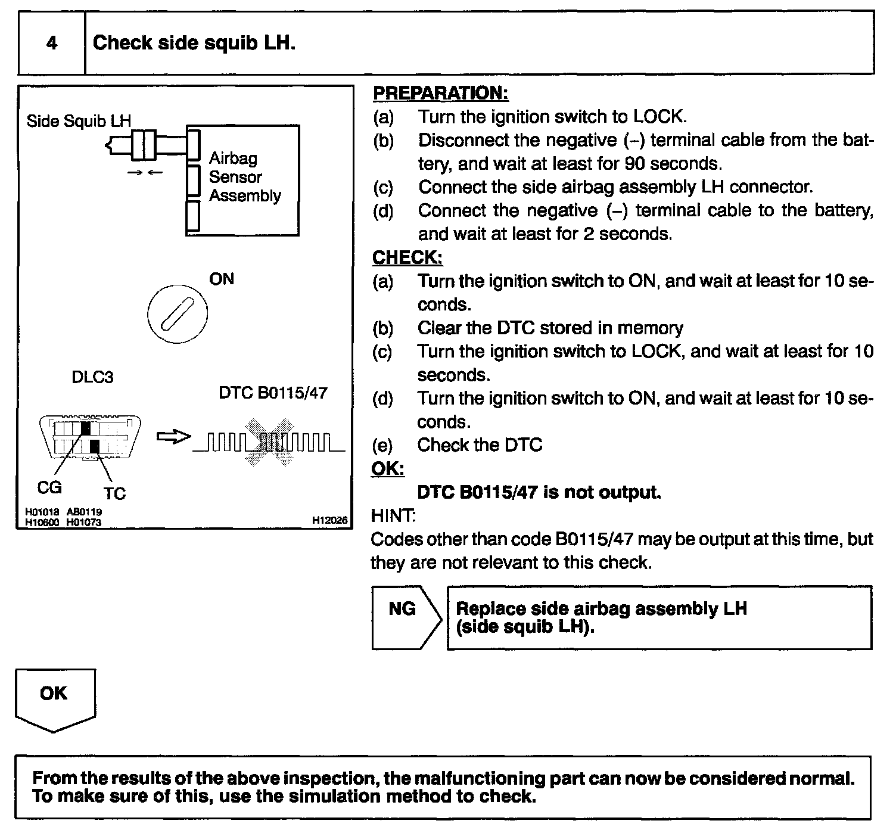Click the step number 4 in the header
(x=52, y=43)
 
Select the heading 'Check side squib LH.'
(x=194, y=43)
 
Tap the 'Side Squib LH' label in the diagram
(x=79, y=121)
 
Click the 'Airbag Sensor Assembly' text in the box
(x=244, y=177)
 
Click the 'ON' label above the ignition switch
(x=222, y=279)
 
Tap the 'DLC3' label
(x=92, y=377)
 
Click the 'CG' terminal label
(x=49, y=487)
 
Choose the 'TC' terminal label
(x=114, y=493)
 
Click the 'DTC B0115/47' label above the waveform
(x=273, y=393)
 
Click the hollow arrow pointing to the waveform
(x=173, y=437)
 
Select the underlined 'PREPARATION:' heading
(x=440, y=93)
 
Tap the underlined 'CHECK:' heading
(x=407, y=257)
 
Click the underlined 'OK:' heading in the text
(x=387, y=469)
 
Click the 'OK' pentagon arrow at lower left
(x=54, y=698)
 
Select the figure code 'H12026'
(x=329, y=520)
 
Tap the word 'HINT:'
(x=393, y=515)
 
